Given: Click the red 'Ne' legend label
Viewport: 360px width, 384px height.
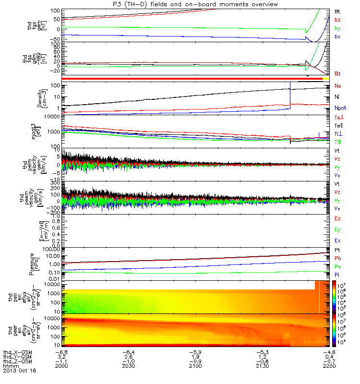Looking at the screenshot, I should pos(338,86).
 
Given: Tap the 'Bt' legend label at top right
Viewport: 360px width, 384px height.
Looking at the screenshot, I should pos(337,10).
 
